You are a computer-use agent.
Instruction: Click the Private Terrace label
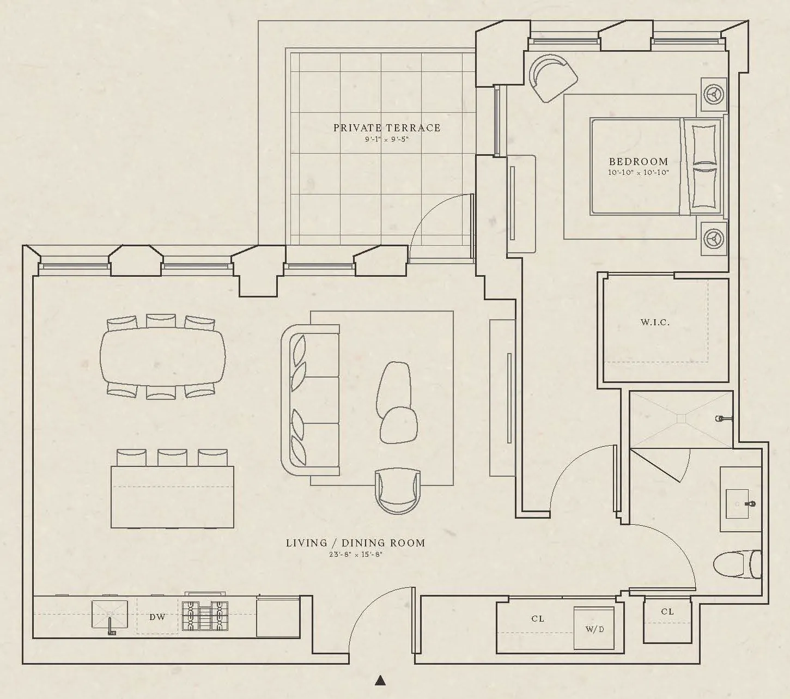(387, 128)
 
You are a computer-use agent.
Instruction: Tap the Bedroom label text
(638, 162)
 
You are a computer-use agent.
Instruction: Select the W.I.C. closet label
(655, 323)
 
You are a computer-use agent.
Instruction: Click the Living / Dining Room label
(355, 543)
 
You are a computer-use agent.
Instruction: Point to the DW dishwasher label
(157, 617)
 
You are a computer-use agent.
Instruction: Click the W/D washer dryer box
(594, 629)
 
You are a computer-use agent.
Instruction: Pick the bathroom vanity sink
(740, 504)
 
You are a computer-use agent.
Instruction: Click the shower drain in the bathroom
(681, 418)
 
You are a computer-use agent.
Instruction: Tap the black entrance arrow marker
(381, 680)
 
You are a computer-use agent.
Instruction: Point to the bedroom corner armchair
(551, 76)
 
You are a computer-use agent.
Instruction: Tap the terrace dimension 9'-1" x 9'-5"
(386, 139)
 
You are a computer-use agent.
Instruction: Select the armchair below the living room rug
(399, 490)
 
